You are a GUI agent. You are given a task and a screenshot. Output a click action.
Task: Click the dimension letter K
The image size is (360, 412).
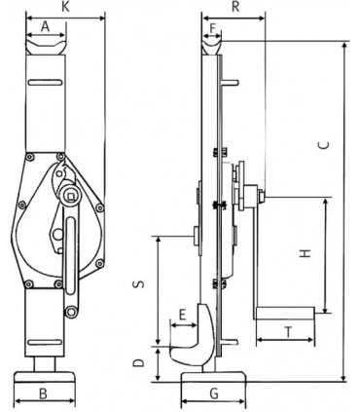(x=66, y=7)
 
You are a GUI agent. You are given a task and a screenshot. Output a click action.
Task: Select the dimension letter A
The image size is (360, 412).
(x=46, y=26)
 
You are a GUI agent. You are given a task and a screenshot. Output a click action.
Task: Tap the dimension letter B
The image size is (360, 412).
(x=43, y=393)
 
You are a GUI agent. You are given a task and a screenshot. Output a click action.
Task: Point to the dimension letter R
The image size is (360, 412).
(x=235, y=7)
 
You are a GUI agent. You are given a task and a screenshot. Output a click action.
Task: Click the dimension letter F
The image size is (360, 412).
(x=213, y=28)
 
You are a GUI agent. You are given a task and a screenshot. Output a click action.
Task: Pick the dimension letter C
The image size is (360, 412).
(x=323, y=145)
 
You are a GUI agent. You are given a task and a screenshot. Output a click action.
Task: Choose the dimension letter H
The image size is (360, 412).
(x=306, y=253)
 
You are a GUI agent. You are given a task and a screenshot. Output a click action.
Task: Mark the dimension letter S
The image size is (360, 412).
(x=140, y=284)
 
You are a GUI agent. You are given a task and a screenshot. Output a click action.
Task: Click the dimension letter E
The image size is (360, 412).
(x=183, y=315)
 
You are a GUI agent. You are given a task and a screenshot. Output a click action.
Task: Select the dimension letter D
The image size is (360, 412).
(x=139, y=362)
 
